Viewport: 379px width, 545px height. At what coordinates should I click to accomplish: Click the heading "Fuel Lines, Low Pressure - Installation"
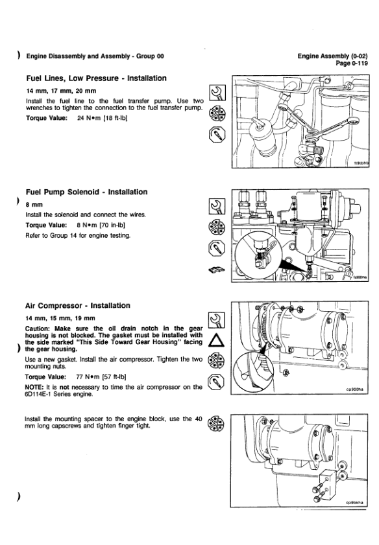click(x=97, y=78)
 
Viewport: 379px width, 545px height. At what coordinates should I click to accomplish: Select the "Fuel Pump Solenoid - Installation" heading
click(x=87, y=192)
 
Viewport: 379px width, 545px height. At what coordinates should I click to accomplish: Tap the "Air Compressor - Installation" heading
click(x=78, y=305)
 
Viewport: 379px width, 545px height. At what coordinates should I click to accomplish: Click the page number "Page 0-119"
click(x=352, y=63)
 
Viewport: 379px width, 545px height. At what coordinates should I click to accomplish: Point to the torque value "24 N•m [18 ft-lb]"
click(x=103, y=118)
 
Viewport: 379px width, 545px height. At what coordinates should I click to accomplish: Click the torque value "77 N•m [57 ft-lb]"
click(x=101, y=377)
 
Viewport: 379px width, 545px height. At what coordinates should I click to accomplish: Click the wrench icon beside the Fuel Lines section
click(x=217, y=93)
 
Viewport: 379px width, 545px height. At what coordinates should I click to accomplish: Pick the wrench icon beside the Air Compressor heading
click(x=216, y=320)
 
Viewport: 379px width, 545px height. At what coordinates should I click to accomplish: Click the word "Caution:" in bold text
click(x=38, y=329)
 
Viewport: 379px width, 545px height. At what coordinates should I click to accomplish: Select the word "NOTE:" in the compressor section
click(x=34, y=387)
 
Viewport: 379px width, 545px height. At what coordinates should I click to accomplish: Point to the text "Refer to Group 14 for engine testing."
click(x=78, y=235)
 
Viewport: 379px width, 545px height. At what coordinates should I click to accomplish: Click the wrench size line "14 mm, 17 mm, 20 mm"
click(x=61, y=91)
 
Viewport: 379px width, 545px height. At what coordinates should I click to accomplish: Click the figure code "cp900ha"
click(x=354, y=389)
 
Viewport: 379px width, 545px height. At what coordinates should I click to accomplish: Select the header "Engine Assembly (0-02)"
click(x=332, y=56)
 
